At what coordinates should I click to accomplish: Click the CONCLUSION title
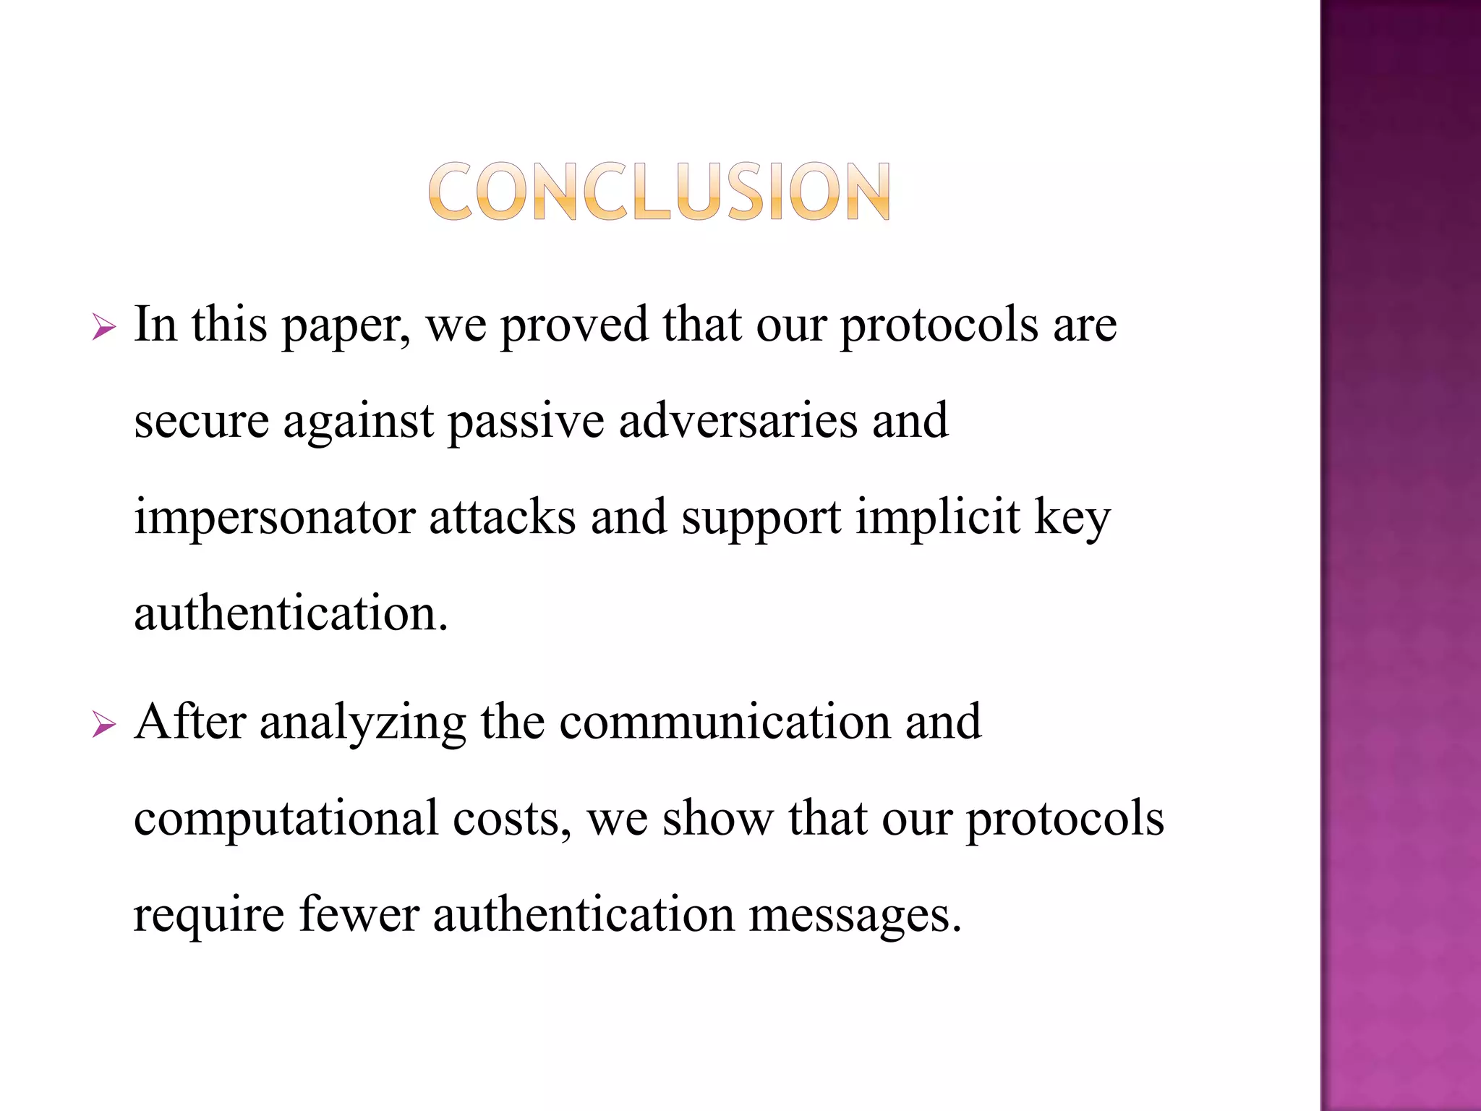coord(659,191)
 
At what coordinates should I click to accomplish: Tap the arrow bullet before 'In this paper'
coord(104,328)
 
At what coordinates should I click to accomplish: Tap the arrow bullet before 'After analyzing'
coord(104,725)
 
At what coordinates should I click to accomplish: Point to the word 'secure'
coord(201,422)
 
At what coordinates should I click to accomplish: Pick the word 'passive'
coord(526,422)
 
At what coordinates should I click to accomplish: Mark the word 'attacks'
coord(503,518)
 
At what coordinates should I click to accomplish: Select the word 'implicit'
coord(938,519)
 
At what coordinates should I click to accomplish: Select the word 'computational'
coord(286,820)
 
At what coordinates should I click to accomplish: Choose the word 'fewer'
coord(359,914)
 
